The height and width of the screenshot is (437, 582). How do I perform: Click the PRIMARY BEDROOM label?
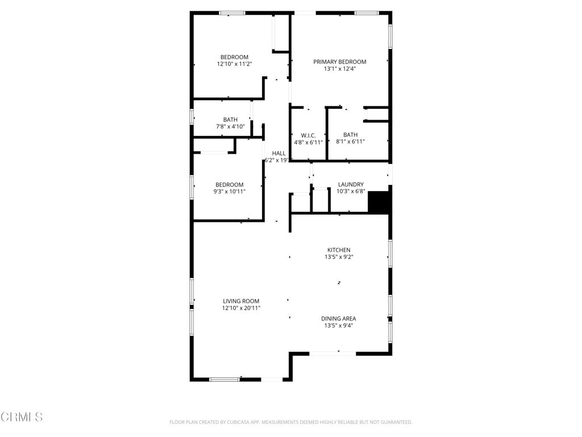click(x=340, y=61)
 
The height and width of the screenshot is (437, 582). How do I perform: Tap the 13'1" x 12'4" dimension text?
click(x=340, y=69)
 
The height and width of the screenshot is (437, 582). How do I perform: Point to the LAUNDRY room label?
click(x=351, y=184)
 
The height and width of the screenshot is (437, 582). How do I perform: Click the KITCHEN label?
click(x=339, y=250)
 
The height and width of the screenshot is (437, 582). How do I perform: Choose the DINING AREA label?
click(x=339, y=319)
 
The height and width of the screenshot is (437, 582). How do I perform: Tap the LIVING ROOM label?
click(x=241, y=301)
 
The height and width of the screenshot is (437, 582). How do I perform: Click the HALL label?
click(x=278, y=153)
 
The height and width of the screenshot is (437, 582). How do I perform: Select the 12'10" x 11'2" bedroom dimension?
click(x=234, y=64)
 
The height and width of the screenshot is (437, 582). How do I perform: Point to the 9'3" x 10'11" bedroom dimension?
click(x=230, y=192)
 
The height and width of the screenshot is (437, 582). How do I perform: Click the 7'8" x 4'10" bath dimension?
click(x=230, y=126)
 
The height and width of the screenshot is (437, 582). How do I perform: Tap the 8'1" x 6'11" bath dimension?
click(x=350, y=142)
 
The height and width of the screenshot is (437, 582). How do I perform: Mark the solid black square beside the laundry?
click(x=378, y=201)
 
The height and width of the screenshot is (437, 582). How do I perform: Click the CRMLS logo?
click(x=22, y=417)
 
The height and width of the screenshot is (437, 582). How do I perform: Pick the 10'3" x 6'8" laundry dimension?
click(x=351, y=192)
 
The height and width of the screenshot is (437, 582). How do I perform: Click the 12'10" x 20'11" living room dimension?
click(x=241, y=308)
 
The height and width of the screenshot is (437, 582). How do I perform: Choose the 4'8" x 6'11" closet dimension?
click(x=309, y=142)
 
